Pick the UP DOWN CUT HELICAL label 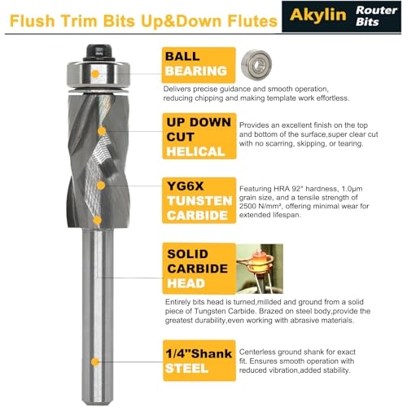[x=195, y=137]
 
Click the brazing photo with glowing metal [x=260, y=267]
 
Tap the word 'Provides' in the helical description [x=256, y=125]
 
